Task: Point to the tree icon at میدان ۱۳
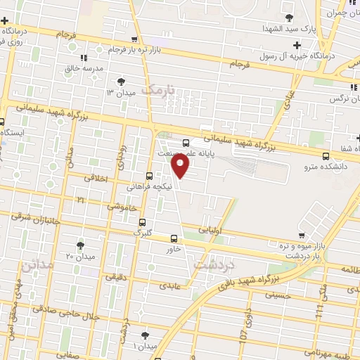[123, 81]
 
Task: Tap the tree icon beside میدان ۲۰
[79, 245]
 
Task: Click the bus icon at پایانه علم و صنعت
[186, 143]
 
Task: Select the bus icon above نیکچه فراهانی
[148, 176]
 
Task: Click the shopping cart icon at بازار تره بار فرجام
[134, 40]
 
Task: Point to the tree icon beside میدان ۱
[146, 335]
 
